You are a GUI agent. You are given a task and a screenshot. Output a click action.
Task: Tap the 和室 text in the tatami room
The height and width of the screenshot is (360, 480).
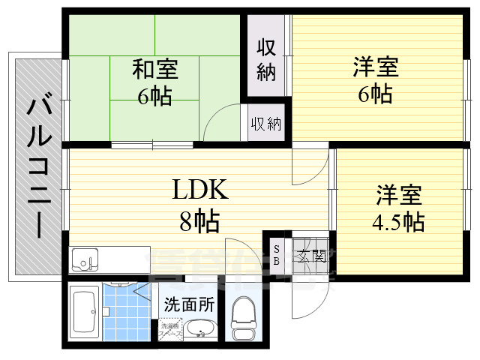pyautogui.click(x=155, y=70)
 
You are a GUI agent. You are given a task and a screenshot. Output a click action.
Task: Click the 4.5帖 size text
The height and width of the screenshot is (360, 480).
pyautogui.click(x=399, y=222)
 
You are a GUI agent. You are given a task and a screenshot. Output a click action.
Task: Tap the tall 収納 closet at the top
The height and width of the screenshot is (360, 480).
pyautogui.click(x=267, y=60)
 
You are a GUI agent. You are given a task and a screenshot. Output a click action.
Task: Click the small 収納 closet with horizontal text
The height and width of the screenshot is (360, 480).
pyautogui.click(x=266, y=123)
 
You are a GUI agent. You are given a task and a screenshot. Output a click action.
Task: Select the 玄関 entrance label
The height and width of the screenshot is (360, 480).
pyautogui.click(x=310, y=254)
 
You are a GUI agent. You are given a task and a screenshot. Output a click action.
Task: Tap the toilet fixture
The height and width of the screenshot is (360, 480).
pyautogui.click(x=243, y=319)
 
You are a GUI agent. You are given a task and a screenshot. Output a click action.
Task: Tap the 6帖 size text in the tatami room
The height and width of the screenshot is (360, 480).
pyautogui.click(x=155, y=96)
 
